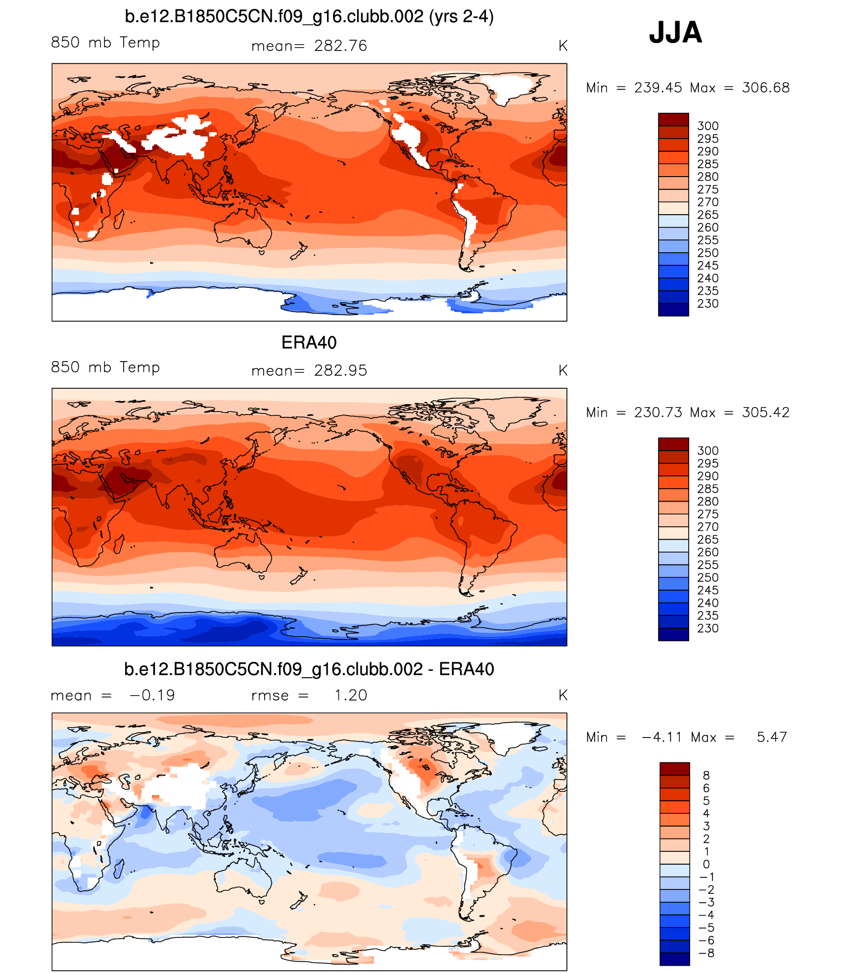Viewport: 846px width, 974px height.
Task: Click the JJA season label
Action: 675,33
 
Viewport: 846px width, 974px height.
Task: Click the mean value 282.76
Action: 340,46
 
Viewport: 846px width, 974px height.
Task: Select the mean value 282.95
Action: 340,371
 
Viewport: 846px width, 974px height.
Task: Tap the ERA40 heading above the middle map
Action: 309,342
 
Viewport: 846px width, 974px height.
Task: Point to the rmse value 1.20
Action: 350,695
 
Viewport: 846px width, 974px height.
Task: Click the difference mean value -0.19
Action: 152,695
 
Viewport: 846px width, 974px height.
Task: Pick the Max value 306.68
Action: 765,88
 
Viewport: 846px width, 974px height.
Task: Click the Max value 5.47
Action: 771,737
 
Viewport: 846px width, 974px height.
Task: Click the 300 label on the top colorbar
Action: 707,126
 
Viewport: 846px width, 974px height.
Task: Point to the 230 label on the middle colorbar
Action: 707,628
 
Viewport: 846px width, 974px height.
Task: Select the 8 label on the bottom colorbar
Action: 706,775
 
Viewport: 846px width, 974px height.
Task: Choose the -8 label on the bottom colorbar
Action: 707,953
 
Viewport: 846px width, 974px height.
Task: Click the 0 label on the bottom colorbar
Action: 706,864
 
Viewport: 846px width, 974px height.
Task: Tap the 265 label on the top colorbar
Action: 707,215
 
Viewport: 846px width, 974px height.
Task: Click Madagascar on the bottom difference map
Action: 119,869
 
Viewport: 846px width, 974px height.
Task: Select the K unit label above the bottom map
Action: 563,695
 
